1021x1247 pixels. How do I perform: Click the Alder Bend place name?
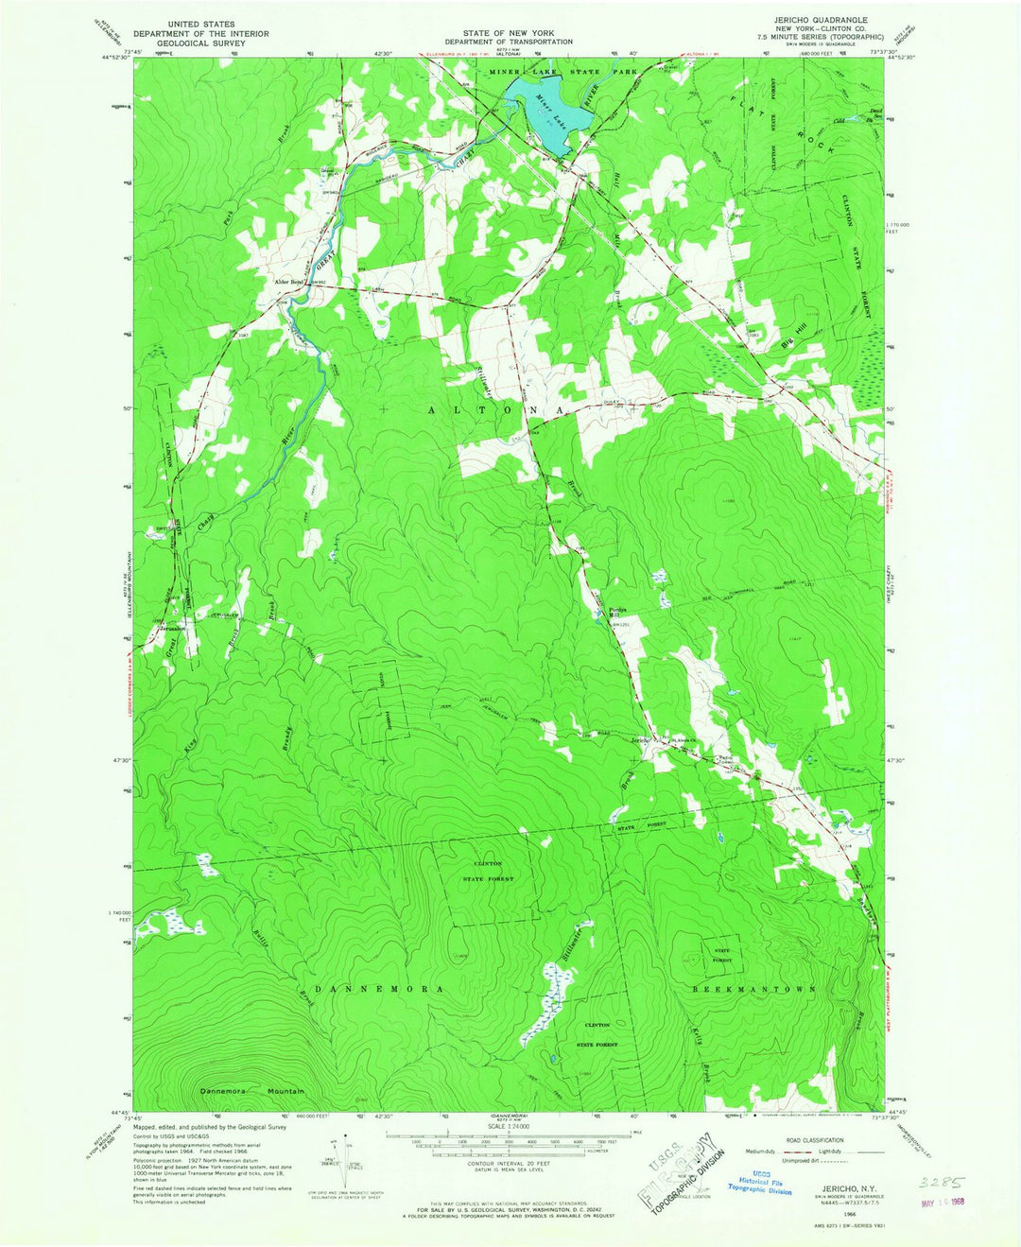pos(286,282)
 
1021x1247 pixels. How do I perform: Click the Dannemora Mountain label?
pos(252,1091)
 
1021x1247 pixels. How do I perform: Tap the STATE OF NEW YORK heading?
pos(510,32)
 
